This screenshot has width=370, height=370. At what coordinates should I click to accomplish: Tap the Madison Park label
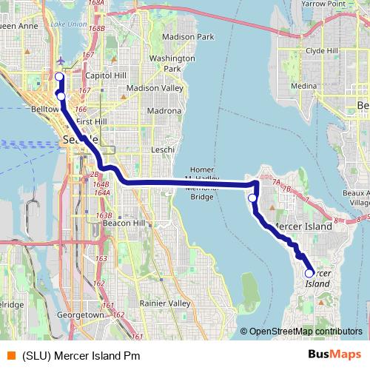[x=187, y=36]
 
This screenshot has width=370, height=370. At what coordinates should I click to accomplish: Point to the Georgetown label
[x=81, y=314]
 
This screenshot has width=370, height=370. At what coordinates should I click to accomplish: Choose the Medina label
[x=303, y=87]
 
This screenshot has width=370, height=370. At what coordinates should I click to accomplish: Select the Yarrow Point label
[x=323, y=4]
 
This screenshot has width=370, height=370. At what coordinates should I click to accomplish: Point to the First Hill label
[x=92, y=121]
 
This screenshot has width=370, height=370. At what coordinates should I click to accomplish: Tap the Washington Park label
[x=172, y=63]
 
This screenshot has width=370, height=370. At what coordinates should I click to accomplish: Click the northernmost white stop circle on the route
[x=59, y=76]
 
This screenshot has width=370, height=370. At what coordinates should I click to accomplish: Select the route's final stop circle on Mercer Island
[x=309, y=273]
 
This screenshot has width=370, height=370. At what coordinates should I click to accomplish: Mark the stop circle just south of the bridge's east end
[x=252, y=198]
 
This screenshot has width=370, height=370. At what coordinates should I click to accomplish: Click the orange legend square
[x=10, y=355]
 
